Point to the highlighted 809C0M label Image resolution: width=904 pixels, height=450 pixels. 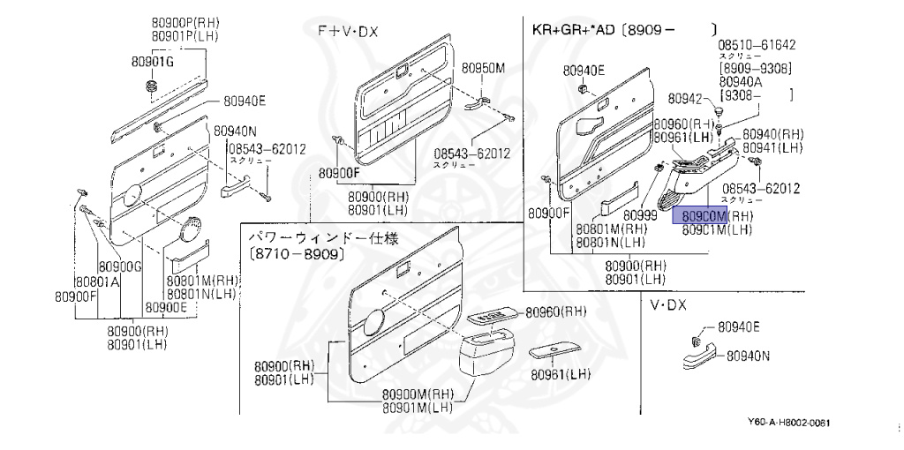coord(698,215)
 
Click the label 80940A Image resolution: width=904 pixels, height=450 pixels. coord(742,79)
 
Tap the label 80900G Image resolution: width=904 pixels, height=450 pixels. coord(119,266)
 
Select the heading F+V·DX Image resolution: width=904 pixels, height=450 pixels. coord(348,31)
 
